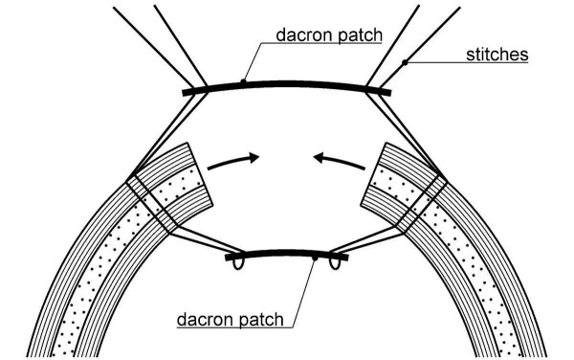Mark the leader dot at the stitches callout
(407, 64)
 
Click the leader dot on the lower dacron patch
(315, 257)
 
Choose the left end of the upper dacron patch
(186, 92)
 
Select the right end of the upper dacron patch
(386, 92)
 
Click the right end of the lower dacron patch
(345, 256)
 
